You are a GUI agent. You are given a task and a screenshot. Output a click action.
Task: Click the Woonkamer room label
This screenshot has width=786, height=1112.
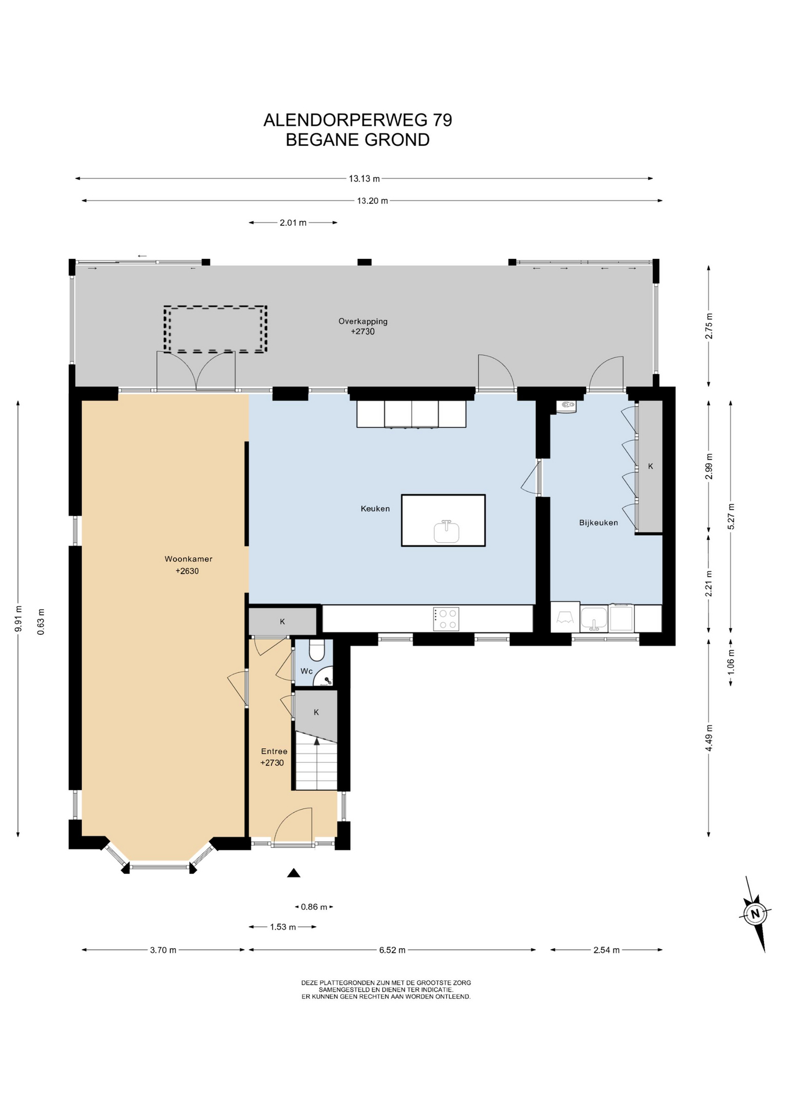pos(188,559)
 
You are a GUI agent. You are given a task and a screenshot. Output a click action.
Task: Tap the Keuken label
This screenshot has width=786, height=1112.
pos(375,509)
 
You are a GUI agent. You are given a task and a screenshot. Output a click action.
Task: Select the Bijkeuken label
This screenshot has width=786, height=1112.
pos(598,522)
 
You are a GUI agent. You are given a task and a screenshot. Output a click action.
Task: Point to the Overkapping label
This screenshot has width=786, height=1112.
pos(363,321)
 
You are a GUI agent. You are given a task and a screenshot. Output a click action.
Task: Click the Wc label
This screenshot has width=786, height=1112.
pos(306,671)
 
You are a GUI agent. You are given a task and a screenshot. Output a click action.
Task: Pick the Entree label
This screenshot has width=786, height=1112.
pos(274,751)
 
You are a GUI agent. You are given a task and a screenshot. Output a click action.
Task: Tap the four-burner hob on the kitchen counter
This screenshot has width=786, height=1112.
pos(446,619)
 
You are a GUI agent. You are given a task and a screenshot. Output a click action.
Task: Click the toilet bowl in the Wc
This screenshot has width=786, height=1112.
pos(317,650)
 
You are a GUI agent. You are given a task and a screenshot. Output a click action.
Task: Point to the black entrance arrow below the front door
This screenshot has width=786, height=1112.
pos(294,873)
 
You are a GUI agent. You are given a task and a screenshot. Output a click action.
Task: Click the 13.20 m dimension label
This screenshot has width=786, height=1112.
pos(372,201)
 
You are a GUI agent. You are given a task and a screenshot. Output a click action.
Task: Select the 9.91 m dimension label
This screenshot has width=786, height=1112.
pos(19,619)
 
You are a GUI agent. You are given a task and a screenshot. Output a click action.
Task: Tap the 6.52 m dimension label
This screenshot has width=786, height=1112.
pos(392,950)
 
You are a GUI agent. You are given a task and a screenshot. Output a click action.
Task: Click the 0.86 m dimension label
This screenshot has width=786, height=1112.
pos(314,907)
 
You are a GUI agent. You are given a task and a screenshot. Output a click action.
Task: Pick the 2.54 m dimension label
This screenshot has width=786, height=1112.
pos(607,950)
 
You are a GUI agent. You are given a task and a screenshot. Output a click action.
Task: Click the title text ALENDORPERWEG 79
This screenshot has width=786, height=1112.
pos(358,120)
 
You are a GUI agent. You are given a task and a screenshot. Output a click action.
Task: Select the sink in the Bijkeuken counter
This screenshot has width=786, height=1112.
pos(594,619)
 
